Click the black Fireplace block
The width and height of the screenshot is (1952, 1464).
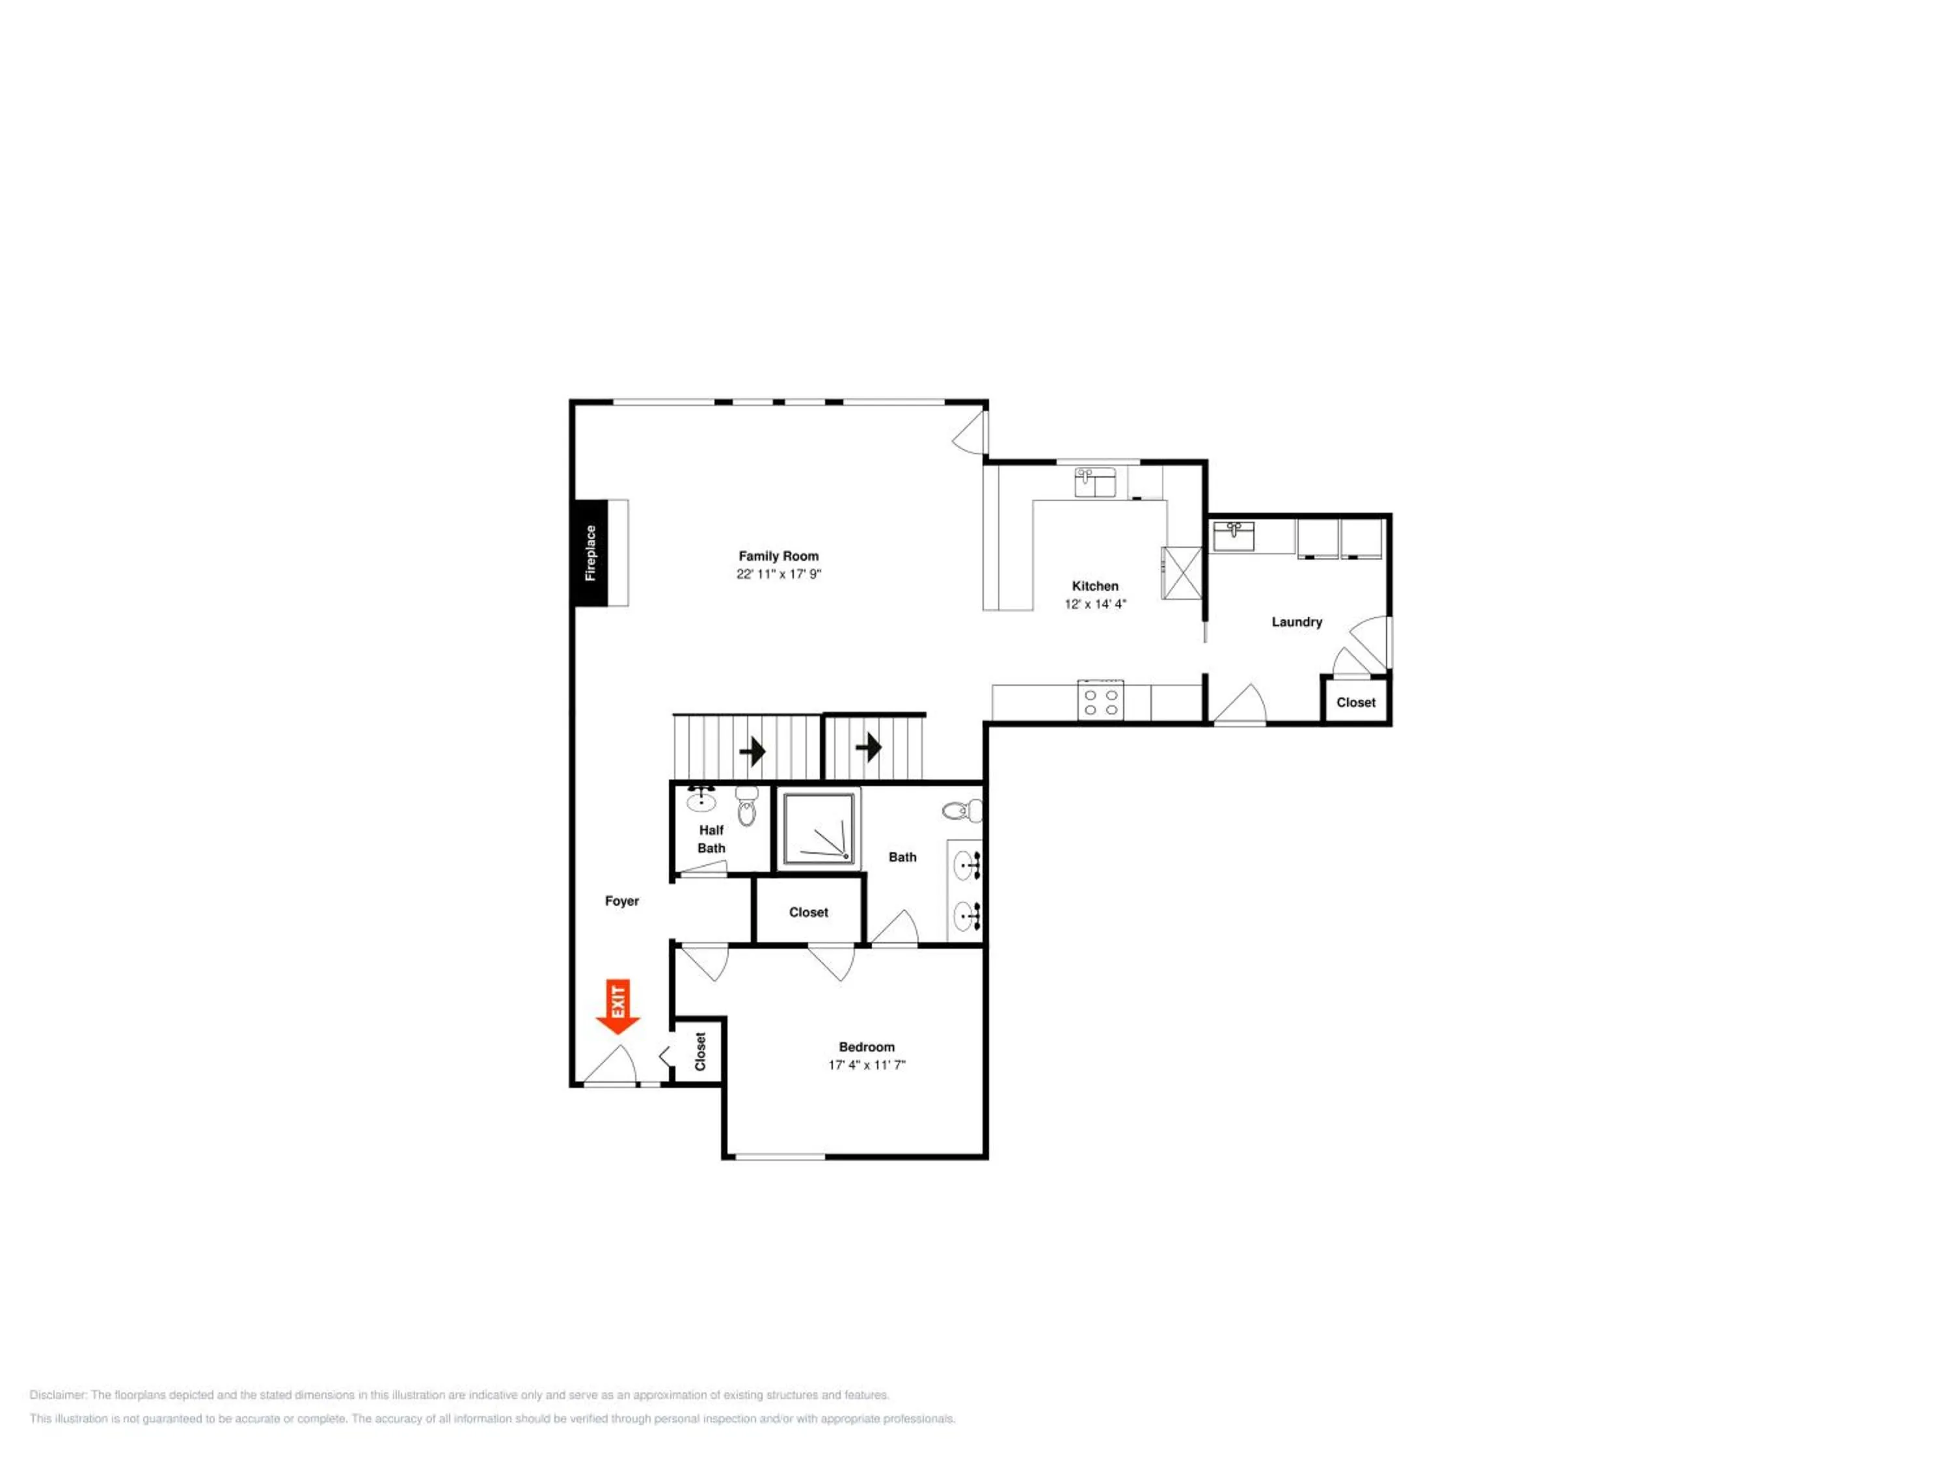590,552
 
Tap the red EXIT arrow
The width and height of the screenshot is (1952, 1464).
617,1006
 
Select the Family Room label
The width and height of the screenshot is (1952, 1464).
778,556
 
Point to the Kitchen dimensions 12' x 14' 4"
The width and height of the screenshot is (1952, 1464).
1095,604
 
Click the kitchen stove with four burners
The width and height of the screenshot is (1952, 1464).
1100,701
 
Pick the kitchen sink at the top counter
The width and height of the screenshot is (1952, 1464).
1095,482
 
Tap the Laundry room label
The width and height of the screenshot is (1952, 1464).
1296,622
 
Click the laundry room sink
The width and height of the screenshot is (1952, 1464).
1233,535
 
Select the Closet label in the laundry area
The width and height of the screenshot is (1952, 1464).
1355,703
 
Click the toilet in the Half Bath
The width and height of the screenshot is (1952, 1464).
746,806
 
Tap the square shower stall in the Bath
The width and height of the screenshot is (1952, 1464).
818,828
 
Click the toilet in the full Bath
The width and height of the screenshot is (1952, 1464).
962,809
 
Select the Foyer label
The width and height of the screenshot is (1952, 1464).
622,901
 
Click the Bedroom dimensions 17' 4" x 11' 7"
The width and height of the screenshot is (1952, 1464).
867,1065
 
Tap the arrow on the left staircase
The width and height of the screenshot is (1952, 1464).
753,752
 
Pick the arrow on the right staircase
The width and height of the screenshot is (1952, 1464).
869,748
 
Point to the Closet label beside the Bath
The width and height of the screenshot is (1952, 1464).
808,912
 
